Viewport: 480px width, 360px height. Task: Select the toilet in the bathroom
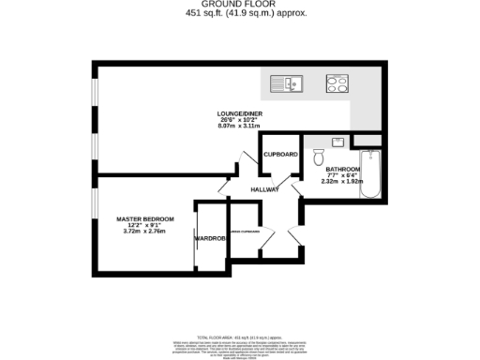tap(318, 157)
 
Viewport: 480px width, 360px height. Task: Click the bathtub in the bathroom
tap(369, 176)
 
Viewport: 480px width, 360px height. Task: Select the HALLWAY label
tap(265, 190)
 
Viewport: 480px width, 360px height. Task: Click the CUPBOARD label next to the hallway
tap(280, 154)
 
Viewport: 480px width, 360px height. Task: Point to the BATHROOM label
tap(343, 170)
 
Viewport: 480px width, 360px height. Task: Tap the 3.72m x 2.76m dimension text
tap(144, 232)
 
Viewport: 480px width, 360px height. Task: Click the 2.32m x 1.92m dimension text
tap(343, 183)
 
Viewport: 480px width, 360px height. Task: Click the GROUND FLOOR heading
tap(241, 5)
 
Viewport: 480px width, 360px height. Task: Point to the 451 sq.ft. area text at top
tap(241, 14)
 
